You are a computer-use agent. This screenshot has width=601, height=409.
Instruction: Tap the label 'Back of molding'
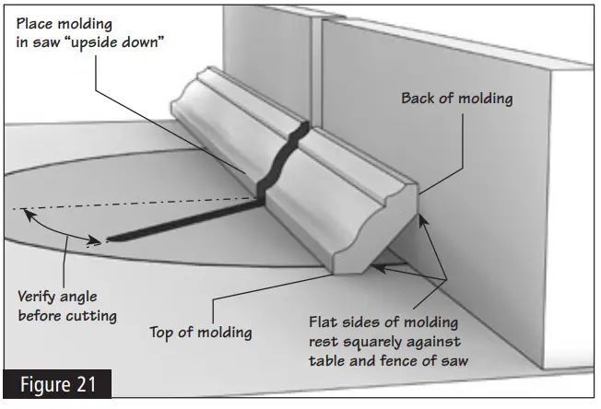point(456,99)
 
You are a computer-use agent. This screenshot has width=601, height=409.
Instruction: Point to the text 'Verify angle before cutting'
point(67,306)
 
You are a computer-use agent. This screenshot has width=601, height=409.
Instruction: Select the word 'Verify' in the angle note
point(39,297)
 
